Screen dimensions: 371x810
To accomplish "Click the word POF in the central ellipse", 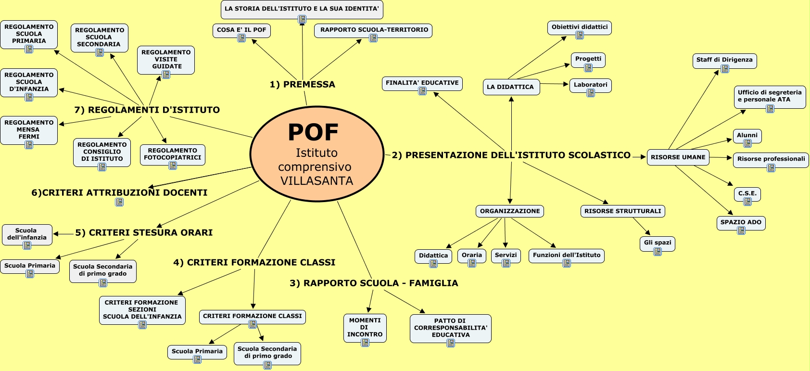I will click(313, 132).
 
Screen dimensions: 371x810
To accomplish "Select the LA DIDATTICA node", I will click(510, 87).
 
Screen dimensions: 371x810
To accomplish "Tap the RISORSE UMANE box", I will click(678, 157).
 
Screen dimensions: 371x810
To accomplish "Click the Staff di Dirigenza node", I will click(724, 60).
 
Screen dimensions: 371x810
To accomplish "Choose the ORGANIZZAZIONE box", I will click(510, 211).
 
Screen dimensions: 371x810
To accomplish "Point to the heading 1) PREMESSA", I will click(302, 85).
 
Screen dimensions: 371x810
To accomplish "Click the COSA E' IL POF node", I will click(241, 30).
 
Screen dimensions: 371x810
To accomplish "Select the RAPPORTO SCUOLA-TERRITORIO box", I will click(374, 30).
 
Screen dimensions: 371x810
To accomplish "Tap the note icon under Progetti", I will click(588, 68).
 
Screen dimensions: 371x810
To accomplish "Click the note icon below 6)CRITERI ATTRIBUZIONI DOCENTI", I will click(119, 202).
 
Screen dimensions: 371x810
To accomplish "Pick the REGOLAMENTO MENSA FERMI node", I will click(29, 129).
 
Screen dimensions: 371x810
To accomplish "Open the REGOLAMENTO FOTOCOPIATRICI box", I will click(173, 154).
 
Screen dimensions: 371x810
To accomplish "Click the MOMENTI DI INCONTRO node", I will click(365, 327).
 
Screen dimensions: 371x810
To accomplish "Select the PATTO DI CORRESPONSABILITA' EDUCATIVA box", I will click(451, 328).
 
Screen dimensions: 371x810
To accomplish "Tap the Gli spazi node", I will click(658, 243).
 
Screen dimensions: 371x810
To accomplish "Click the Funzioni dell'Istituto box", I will click(566, 255).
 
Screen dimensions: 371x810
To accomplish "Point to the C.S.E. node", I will click(747, 193).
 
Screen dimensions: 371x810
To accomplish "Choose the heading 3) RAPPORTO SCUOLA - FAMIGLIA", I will click(373, 283).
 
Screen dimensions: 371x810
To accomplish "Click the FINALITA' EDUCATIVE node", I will click(422, 83).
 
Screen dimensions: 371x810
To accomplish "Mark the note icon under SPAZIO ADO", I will click(741, 230).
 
